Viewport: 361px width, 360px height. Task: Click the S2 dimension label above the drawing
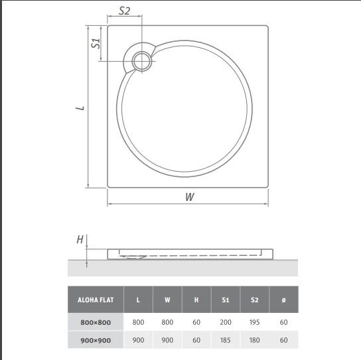[x=124, y=11]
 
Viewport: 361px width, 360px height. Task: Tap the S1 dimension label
[x=96, y=43]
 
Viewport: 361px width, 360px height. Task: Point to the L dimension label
[x=80, y=108]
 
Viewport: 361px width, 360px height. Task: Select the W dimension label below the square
[x=190, y=197]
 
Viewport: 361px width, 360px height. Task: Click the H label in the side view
[x=80, y=239]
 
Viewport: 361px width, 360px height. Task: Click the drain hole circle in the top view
[x=142, y=61]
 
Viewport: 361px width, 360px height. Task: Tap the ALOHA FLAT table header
[x=96, y=300]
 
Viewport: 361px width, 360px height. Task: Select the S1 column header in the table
[x=226, y=300]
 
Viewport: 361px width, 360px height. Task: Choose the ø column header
[x=283, y=300]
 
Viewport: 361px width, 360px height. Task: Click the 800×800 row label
[x=96, y=322]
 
